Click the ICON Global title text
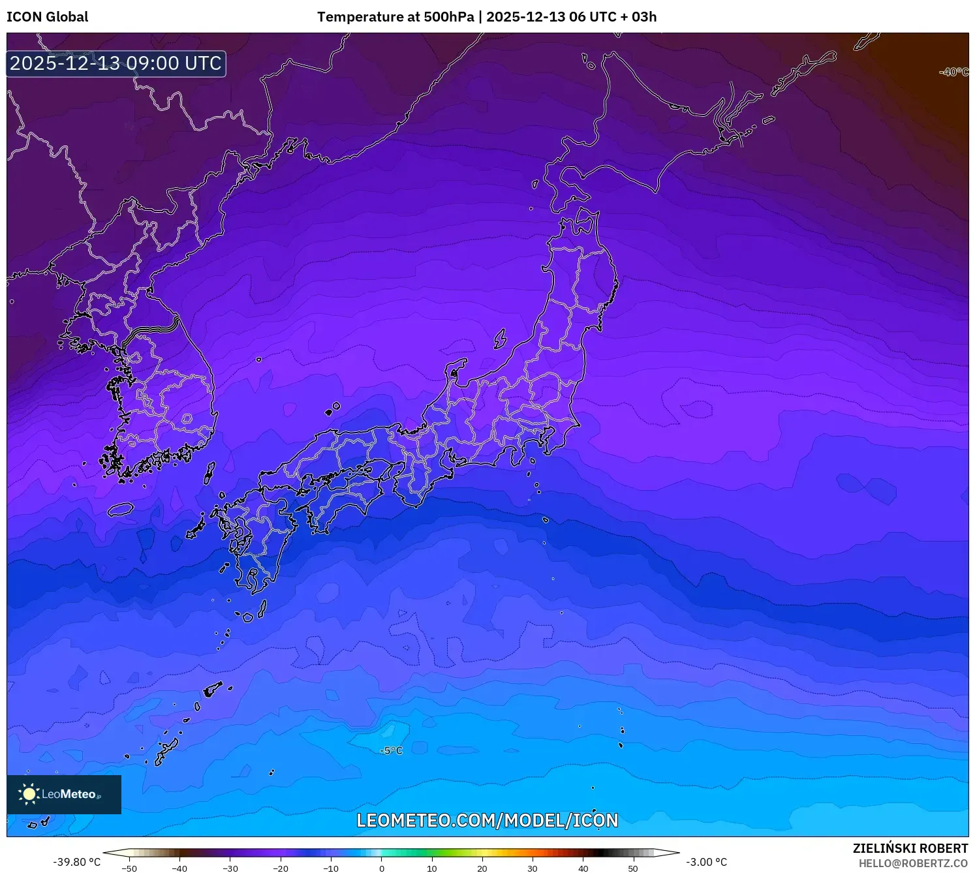[47, 17]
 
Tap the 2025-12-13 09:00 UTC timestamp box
[116, 63]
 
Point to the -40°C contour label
[953, 72]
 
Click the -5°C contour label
[391, 751]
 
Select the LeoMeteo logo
[64, 794]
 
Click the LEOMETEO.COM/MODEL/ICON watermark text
[487, 820]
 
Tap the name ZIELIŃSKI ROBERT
[910, 848]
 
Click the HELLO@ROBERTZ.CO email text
[912, 863]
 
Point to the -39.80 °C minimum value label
[76, 862]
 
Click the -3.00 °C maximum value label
[706, 862]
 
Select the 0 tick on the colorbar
[382, 868]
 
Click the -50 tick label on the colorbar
[129, 868]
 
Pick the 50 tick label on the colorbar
[633, 868]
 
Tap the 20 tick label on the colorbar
[482, 868]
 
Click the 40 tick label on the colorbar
[583, 868]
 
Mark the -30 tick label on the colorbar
[230, 868]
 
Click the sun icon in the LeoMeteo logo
[29, 794]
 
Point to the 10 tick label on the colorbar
[432, 868]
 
